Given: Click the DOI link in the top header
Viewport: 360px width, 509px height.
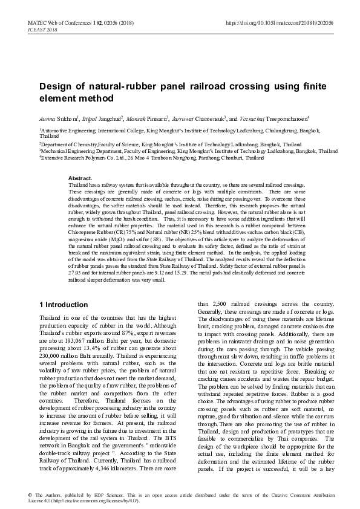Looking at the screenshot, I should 280,22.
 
